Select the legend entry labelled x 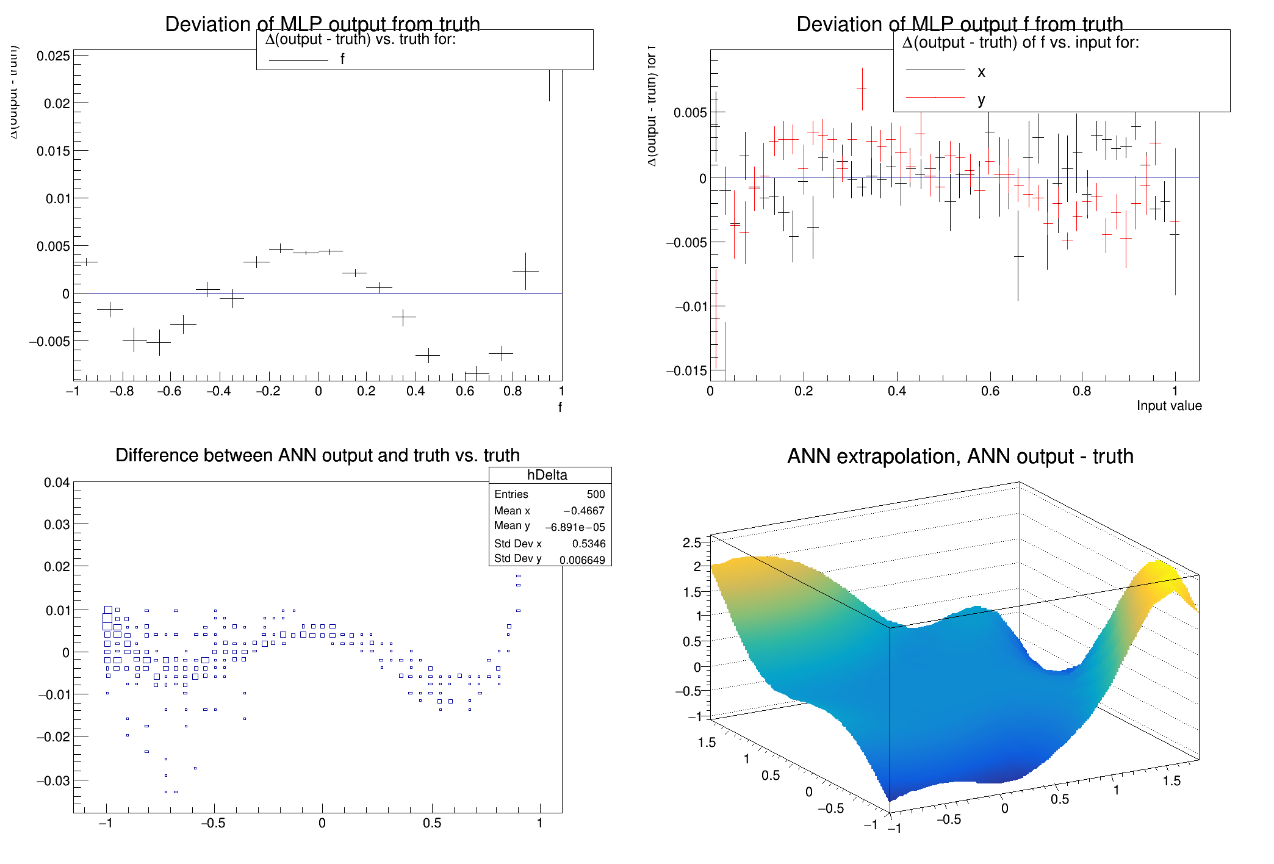981,72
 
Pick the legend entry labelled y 981,99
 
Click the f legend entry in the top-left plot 342,59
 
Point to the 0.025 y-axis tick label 53,56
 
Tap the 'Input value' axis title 1168,406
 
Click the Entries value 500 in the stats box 596,494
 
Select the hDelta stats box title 547,475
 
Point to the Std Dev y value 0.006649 582,560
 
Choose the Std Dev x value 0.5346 589,544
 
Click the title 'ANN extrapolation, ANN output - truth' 960,456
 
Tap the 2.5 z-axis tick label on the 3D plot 691,543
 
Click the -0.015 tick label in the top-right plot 686,371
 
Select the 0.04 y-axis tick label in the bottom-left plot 57,483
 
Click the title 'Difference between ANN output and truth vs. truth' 317,455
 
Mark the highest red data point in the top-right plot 862,88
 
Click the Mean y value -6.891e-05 575,527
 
